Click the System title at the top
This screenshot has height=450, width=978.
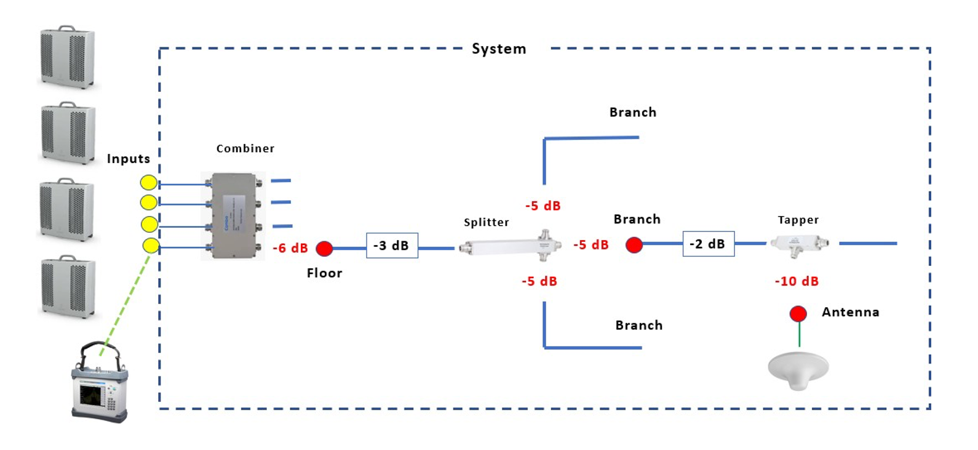pos(499,49)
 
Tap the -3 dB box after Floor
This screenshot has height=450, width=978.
pos(392,246)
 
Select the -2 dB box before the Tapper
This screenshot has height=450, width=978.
pos(708,244)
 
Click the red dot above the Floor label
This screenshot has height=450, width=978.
pos(324,249)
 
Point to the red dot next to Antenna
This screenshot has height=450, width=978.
pos(798,314)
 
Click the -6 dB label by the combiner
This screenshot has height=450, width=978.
pos(290,248)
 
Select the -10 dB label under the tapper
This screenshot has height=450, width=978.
pos(797,281)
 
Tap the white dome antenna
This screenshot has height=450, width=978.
pos(798,370)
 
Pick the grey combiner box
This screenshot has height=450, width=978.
pos(233,215)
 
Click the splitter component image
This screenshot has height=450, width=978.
pos(511,246)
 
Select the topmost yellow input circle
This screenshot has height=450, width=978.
pos(149,182)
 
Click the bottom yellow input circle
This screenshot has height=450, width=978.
pos(151,246)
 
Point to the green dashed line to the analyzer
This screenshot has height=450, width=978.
pos(126,302)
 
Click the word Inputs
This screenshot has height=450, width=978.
pos(129,159)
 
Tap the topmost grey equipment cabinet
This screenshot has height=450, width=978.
pos(67,57)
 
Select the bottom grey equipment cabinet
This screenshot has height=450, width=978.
pos(68,287)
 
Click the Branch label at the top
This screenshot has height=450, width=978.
pos(632,113)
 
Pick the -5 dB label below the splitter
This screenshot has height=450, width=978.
pos(539,281)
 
